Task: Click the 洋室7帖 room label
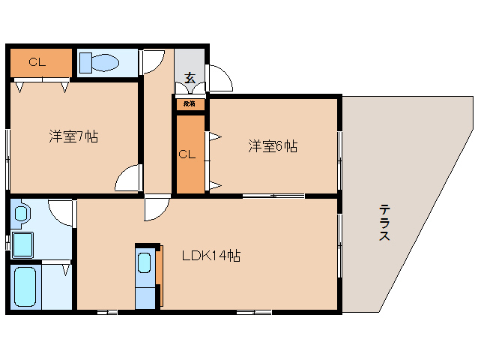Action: point(73,136)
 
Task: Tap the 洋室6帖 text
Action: point(273,146)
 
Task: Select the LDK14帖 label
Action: point(211,256)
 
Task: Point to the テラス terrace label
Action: point(384,223)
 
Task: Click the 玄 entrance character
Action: point(190,77)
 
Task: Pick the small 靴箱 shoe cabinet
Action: point(190,104)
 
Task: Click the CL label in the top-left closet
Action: point(37,62)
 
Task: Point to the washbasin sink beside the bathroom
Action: point(21,214)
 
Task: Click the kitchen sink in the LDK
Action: point(145,263)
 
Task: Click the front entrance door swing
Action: point(219,77)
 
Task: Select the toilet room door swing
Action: point(154,61)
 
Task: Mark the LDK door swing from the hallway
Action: point(157,209)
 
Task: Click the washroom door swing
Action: point(62,211)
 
